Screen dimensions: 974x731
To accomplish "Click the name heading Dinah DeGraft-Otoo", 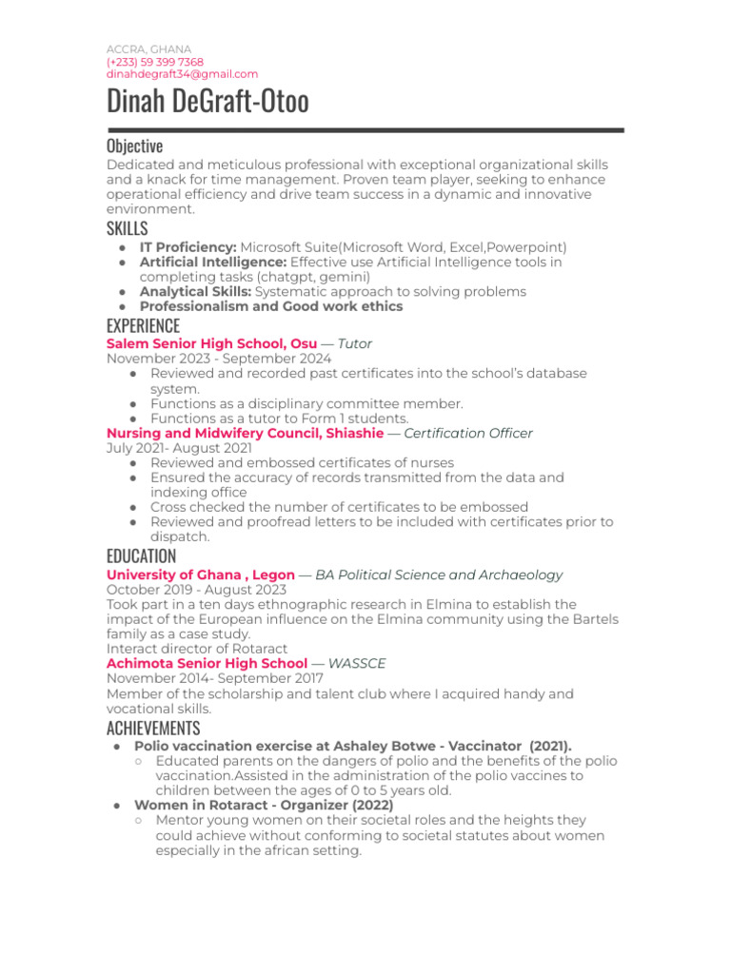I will (207, 102).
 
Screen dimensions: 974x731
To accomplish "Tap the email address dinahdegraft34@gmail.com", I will (182, 74).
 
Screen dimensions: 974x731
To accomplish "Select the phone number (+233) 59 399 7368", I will (155, 62).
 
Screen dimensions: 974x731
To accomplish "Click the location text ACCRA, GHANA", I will (148, 49).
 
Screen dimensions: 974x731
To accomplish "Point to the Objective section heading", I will (134, 146).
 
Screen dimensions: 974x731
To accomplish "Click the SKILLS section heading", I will (127, 228).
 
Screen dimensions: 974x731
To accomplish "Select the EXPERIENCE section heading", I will (143, 326).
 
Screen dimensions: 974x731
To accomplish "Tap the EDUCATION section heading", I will (141, 556).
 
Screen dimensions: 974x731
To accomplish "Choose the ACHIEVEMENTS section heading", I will (153, 729).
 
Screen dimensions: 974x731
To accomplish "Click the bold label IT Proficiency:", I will (188, 247).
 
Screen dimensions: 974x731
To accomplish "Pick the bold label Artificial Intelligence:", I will (212, 262).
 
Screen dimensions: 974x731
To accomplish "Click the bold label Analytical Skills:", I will (196, 292).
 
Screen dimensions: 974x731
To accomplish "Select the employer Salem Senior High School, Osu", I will (211, 343).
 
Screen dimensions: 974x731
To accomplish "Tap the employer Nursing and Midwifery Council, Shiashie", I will (245, 433).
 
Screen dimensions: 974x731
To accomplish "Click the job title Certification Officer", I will (467, 433).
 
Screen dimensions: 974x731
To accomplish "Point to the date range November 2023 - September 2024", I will (219, 359).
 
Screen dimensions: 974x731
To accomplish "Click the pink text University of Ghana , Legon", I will (200, 575).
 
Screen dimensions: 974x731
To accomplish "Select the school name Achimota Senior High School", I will (207, 663).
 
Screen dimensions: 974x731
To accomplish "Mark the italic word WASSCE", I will (357, 663).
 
